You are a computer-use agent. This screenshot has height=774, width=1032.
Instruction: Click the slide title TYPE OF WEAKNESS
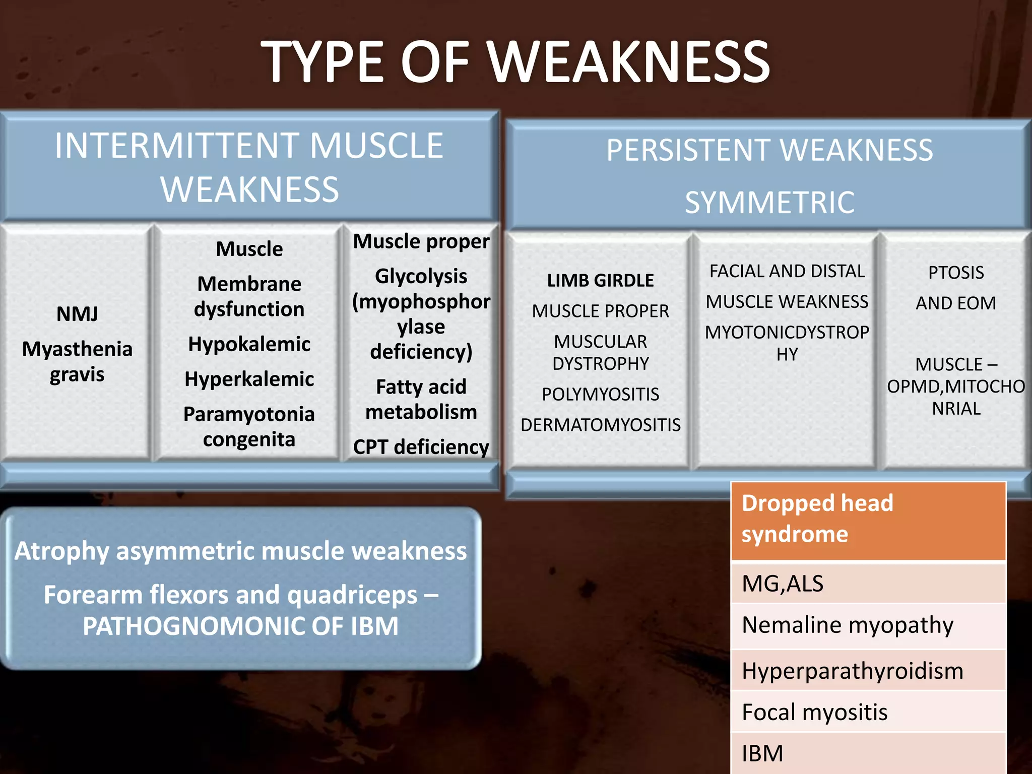[x=515, y=62]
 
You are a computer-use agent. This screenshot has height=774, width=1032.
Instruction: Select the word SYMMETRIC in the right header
[x=769, y=203]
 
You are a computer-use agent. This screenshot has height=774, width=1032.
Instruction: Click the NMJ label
[x=77, y=314]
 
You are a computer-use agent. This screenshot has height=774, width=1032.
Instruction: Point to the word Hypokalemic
[x=249, y=344]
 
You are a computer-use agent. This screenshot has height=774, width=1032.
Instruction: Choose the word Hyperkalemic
[x=249, y=379]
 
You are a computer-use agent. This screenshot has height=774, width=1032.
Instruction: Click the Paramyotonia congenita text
[x=249, y=427]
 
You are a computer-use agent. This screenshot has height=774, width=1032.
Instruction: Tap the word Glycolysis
[x=421, y=276]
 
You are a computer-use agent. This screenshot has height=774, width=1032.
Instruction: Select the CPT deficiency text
[x=421, y=447]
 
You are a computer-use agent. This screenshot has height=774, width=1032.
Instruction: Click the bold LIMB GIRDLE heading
[x=600, y=280]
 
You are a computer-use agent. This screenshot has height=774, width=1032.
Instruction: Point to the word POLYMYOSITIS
[x=600, y=394]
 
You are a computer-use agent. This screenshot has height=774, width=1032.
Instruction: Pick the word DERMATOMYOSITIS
[x=600, y=425]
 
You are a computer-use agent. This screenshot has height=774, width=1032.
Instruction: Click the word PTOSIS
[x=956, y=273]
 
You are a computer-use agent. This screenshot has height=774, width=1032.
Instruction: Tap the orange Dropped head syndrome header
[x=868, y=519]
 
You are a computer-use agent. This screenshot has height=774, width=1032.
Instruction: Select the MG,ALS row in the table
[x=868, y=584]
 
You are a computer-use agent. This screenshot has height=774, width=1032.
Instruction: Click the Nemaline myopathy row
[x=868, y=625]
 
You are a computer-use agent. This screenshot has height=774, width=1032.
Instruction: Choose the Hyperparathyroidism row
[x=868, y=671]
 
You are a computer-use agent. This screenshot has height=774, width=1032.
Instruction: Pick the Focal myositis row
[x=868, y=712]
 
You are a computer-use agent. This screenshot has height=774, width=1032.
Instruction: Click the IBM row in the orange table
[x=868, y=754]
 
